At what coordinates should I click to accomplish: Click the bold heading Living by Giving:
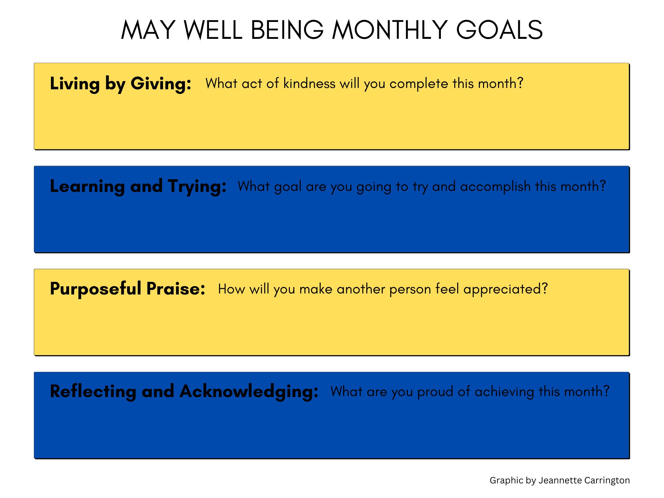pyautogui.click(x=121, y=84)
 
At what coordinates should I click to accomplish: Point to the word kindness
pyautogui.click(x=309, y=83)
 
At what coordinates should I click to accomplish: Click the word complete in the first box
pyautogui.click(x=419, y=84)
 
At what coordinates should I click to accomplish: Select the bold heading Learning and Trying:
pyautogui.click(x=138, y=187)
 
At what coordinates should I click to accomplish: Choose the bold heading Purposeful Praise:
pyautogui.click(x=127, y=289)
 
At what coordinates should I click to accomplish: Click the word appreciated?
pyautogui.click(x=505, y=290)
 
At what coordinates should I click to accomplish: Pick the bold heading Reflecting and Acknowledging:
pyautogui.click(x=184, y=391)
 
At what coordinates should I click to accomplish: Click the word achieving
pyautogui.click(x=504, y=392)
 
